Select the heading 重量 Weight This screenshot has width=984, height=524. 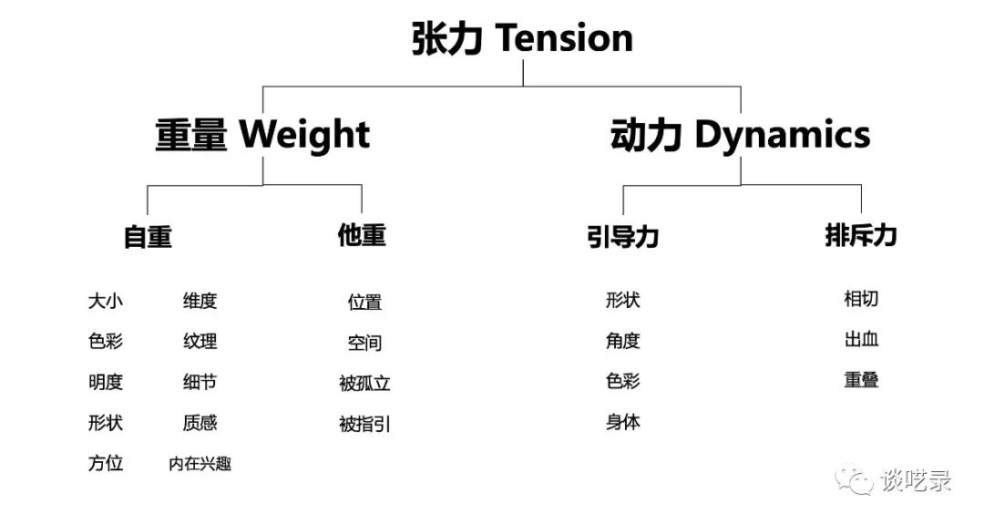pyautogui.click(x=262, y=134)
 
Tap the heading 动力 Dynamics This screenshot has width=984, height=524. pyautogui.click(x=740, y=134)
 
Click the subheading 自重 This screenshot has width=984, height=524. pyautogui.click(x=148, y=237)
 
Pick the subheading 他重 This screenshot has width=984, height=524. pyautogui.click(x=362, y=235)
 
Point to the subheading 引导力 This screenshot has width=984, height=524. pyautogui.click(x=622, y=237)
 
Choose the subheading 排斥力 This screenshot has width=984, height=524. pyautogui.click(x=860, y=235)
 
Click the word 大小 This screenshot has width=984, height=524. pyautogui.click(x=106, y=301)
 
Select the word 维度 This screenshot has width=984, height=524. pyautogui.click(x=200, y=301)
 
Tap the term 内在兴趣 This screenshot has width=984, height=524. pyautogui.click(x=200, y=464)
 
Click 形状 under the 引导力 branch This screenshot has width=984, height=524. pyautogui.click(x=622, y=300)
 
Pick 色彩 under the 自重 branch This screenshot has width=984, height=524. pyautogui.click(x=106, y=342)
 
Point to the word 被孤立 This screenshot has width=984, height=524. pyautogui.click(x=364, y=383)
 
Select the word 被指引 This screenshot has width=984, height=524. pyautogui.click(x=364, y=425)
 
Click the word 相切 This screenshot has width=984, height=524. pyautogui.click(x=861, y=298)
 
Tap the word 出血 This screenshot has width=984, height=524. pyautogui.click(x=861, y=340)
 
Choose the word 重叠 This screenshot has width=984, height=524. pyautogui.click(x=861, y=380)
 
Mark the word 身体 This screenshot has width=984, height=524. pyautogui.click(x=622, y=422)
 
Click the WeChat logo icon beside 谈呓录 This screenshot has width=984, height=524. pyautogui.click(x=854, y=480)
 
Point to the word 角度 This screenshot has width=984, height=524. pyautogui.click(x=622, y=341)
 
